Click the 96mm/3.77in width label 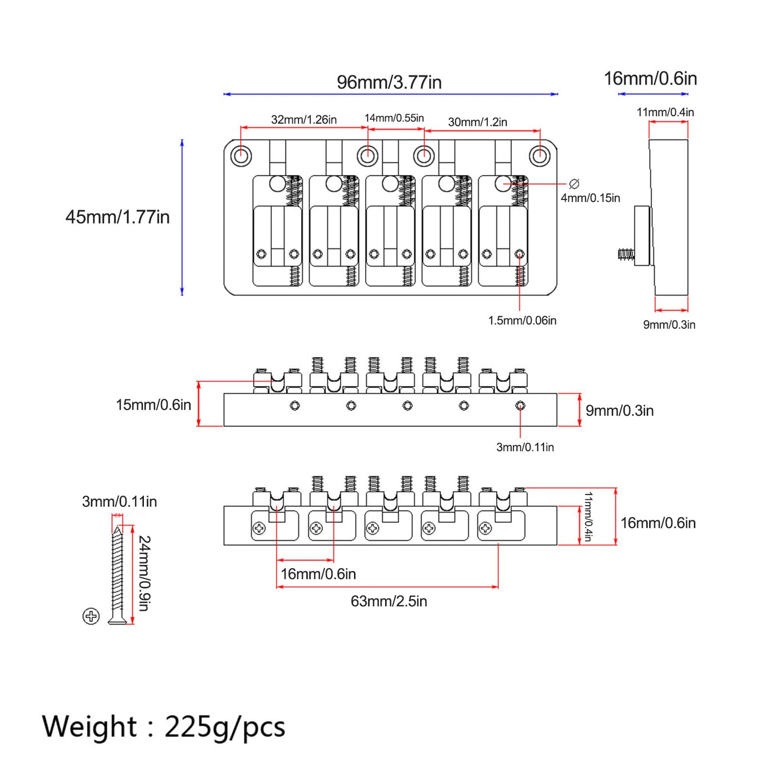389,82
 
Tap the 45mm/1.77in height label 117,217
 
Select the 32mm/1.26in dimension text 303,119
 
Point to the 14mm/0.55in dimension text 394,118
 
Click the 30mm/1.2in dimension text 477,122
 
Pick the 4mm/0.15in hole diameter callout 590,198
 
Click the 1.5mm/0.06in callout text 522,321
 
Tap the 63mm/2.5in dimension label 389,601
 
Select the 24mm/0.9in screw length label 144,573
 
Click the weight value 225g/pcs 225,727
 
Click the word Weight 89,726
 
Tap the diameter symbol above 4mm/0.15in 573,184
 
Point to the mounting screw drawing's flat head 117,620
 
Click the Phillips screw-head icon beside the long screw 91,616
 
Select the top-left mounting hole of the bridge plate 241,156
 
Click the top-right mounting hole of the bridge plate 540,156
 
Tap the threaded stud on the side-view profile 626,254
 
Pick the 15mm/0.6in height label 153,405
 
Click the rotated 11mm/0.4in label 589,516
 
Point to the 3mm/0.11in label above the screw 119,501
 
